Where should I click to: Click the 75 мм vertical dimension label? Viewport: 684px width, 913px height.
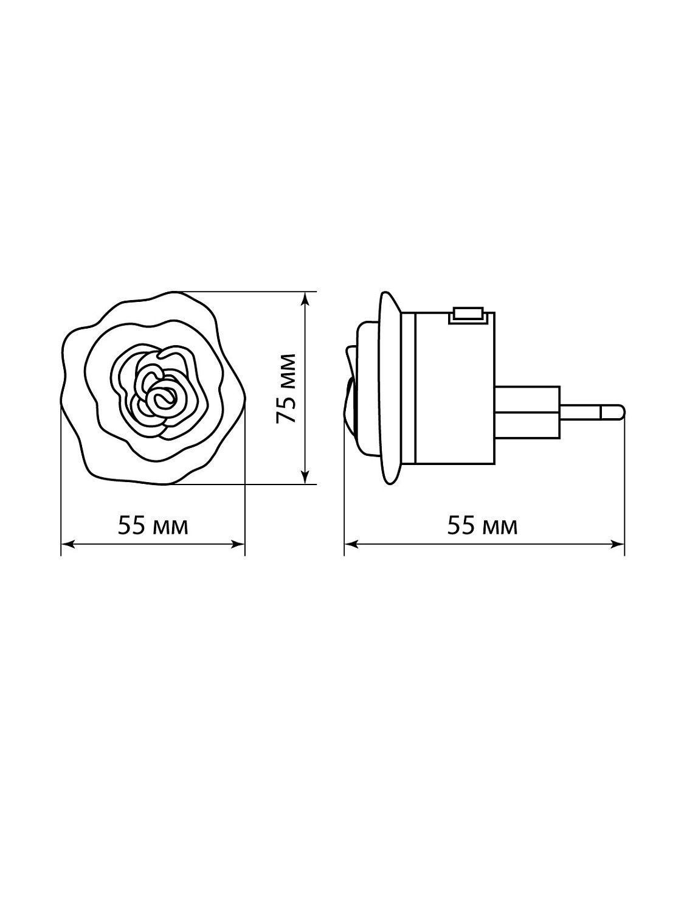[x=286, y=388]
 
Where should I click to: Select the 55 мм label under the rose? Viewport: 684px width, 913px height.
[x=153, y=526]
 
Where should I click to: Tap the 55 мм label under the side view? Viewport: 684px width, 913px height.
[x=482, y=526]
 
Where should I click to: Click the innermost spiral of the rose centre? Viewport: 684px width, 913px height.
[x=161, y=399]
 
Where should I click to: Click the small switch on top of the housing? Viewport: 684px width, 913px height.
[x=468, y=315]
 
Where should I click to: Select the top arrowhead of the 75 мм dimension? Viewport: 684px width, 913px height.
[x=305, y=298]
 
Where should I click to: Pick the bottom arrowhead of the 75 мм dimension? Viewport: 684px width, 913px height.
[x=305, y=478]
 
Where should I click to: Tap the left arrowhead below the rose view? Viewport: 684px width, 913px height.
[x=68, y=544]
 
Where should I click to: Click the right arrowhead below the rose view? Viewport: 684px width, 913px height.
[x=238, y=544]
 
